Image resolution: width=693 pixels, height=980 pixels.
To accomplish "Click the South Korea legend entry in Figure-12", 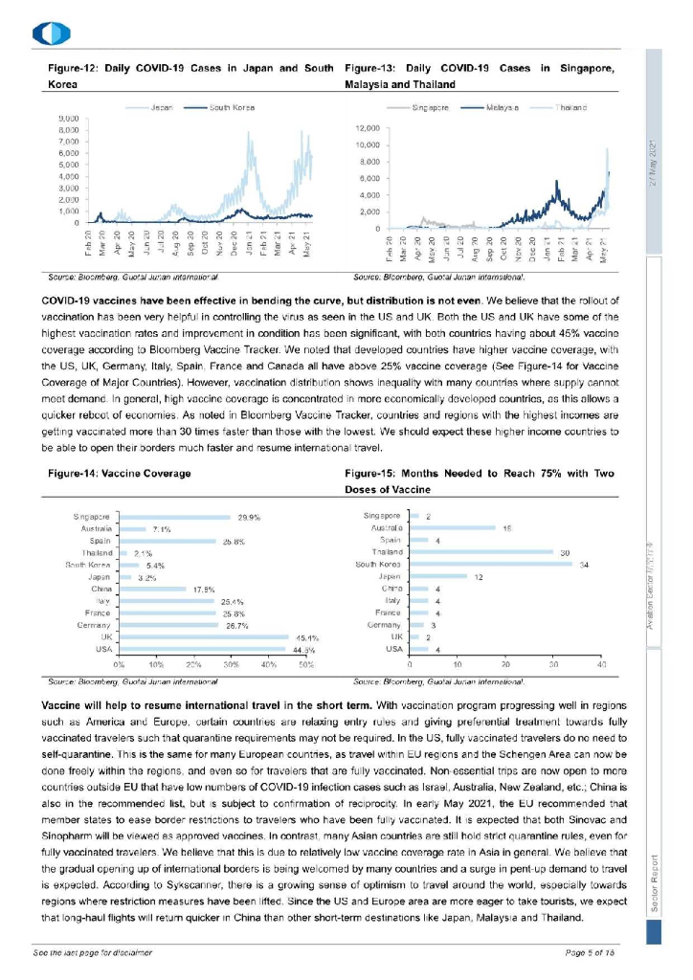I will tap(224, 106).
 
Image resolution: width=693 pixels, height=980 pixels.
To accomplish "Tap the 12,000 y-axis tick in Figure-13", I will tap(368, 127).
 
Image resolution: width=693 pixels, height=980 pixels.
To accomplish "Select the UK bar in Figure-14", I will tap(204, 636).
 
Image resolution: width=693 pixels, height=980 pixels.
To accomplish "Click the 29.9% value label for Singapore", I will tap(249, 517).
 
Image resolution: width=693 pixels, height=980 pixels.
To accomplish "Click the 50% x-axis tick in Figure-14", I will tap(306, 662).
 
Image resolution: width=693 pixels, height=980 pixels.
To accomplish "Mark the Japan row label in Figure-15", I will tap(389, 576).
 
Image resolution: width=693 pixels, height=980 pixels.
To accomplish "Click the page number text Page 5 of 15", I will tap(591, 954).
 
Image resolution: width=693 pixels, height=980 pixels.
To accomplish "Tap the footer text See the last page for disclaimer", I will tap(93, 954).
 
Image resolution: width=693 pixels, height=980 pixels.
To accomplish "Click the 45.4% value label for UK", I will tap(307, 636).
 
